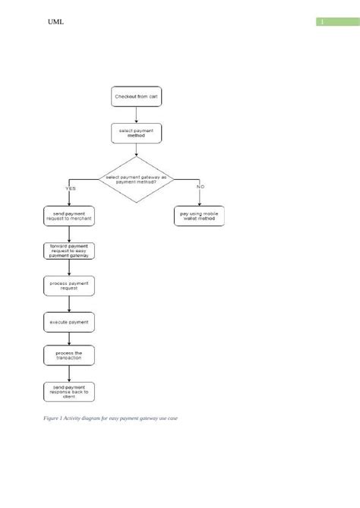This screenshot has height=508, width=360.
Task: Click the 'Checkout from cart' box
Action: pyautogui.click(x=136, y=97)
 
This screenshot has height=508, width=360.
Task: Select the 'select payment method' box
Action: pyautogui.click(x=136, y=133)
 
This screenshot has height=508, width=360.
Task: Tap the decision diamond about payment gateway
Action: pyautogui.click(x=136, y=180)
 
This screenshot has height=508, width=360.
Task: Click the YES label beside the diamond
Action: pyautogui.click(x=70, y=187)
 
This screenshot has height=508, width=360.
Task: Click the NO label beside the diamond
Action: pyautogui.click(x=201, y=187)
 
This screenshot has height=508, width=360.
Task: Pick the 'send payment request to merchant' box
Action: pyautogui.click(x=69, y=216)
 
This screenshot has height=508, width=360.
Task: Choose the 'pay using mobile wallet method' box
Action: pyautogui.click(x=200, y=216)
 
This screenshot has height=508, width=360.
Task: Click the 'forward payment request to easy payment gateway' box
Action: pyautogui.click(x=69, y=252)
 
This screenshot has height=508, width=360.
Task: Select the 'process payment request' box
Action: pyautogui.click(x=69, y=286)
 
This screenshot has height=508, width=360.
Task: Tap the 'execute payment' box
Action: pyautogui.click(x=69, y=322)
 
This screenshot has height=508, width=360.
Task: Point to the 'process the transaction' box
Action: pyautogui.click(x=69, y=355)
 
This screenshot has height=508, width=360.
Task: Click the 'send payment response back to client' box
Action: pyautogui.click(x=69, y=392)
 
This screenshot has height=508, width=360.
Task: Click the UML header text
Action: pyautogui.click(x=55, y=22)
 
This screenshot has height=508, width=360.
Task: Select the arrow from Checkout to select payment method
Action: pyautogui.click(x=136, y=114)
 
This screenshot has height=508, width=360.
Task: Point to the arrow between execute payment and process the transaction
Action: pyautogui.click(x=69, y=339)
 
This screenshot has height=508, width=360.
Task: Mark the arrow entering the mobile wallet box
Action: pyautogui.click(x=200, y=197)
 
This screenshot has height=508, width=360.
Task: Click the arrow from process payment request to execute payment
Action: pyautogui.click(x=69, y=304)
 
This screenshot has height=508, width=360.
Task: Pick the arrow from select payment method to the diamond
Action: pyautogui.click(x=136, y=150)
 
